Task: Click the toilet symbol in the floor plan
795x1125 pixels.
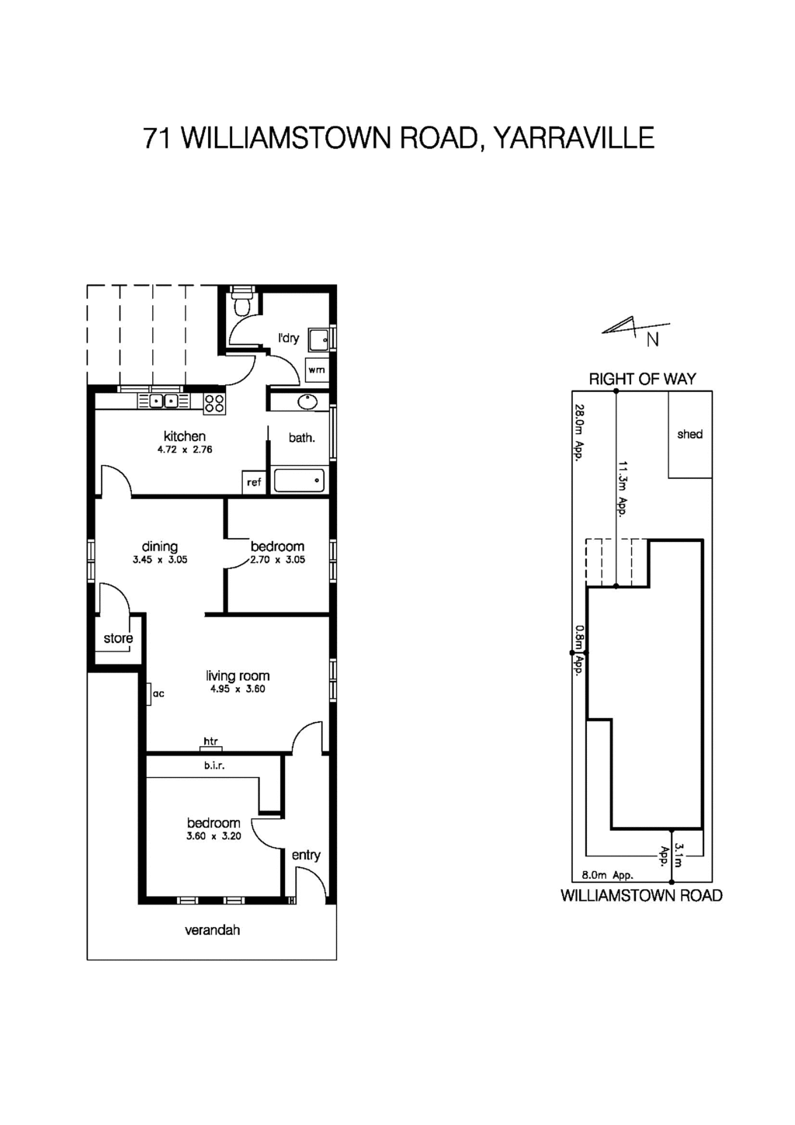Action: [x=243, y=302]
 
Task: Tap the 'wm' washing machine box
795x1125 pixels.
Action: [x=317, y=370]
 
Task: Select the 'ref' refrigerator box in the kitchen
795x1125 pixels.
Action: [x=254, y=482]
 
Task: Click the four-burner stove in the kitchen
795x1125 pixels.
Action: [x=214, y=403]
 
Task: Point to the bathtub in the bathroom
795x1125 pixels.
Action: [x=300, y=481]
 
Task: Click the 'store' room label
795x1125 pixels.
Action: [x=118, y=638]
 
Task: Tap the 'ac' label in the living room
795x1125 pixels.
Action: [x=158, y=693]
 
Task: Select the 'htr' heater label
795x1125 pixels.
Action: [x=210, y=741]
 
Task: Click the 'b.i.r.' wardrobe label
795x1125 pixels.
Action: [x=214, y=766]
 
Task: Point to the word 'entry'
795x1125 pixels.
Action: [x=306, y=855]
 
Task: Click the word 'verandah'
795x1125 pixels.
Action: [x=212, y=929]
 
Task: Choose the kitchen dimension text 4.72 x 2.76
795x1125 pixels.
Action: [x=185, y=450]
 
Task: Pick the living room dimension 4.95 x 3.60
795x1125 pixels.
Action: [x=238, y=689]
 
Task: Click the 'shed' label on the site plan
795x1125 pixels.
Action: [x=689, y=434]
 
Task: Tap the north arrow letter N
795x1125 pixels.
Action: [x=653, y=339]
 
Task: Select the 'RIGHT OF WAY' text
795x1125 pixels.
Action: [x=642, y=379]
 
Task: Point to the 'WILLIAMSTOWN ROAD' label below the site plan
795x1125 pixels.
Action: [x=641, y=896]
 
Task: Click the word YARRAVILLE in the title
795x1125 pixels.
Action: [x=574, y=138]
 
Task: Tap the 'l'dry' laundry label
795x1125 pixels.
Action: [x=289, y=338]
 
